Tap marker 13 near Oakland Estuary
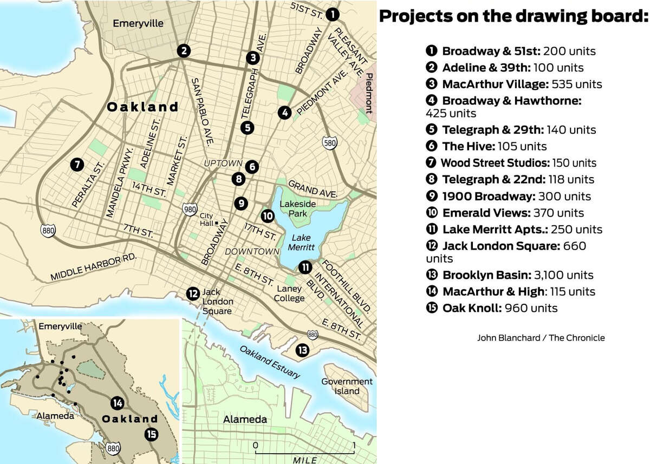[302, 350]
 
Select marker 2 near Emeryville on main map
[185, 51]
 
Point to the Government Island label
[347, 386]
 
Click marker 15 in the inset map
[151, 434]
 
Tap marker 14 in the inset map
[117, 403]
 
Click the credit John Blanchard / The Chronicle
[541, 338]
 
